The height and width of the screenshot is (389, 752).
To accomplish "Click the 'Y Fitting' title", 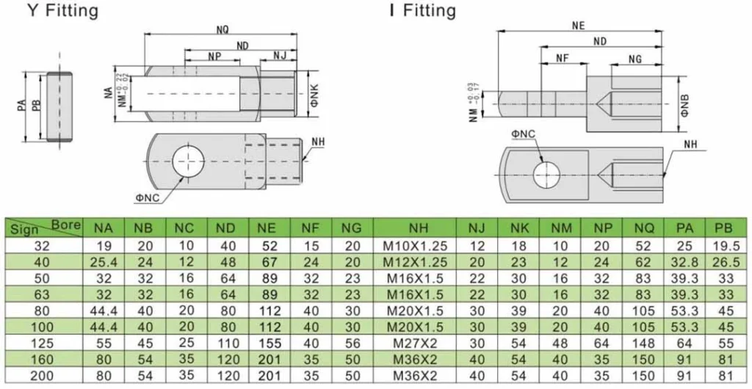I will click(x=62, y=11).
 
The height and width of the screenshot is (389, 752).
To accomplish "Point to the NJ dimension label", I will click(x=280, y=56).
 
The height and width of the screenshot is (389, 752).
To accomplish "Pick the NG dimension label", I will click(x=635, y=58).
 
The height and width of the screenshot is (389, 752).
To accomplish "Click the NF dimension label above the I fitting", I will click(x=562, y=58).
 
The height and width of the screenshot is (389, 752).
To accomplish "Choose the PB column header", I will click(x=724, y=228).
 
